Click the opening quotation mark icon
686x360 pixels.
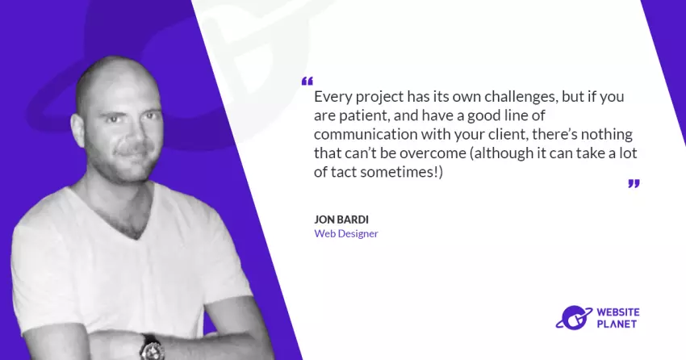point(307,81)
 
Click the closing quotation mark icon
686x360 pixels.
point(634,183)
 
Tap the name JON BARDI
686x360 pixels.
point(341,220)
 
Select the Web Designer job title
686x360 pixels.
point(346,233)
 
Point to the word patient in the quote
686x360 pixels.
point(362,115)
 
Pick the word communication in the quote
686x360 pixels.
point(366,134)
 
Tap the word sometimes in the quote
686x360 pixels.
point(398,172)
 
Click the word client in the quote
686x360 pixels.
point(503,134)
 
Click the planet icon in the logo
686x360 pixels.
point(574,317)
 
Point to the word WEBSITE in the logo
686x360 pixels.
point(618,312)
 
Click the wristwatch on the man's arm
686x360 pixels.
point(152,348)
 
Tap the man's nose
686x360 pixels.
point(133,132)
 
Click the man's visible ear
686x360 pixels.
point(77,130)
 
